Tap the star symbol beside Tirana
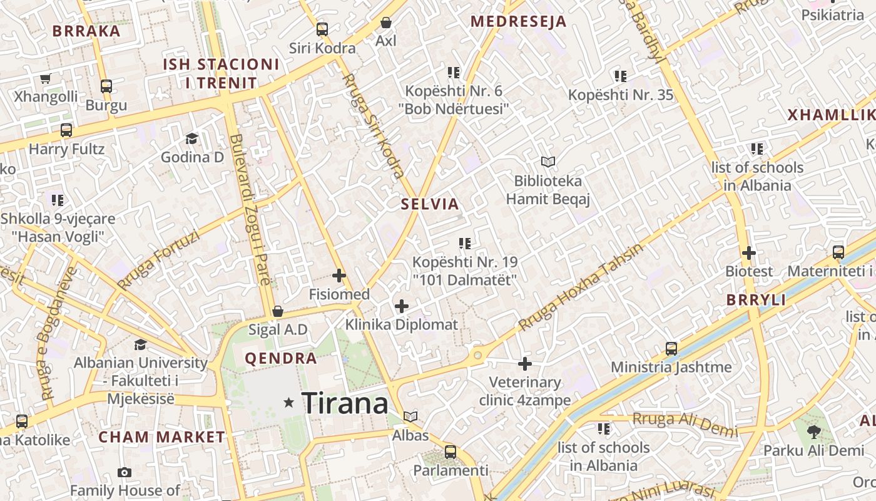(x=288, y=403)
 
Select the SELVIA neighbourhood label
(x=430, y=204)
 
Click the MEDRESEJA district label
(x=518, y=21)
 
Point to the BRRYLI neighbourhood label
(x=756, y=299)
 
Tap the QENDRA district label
(x=281, y=358)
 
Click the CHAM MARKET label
(x=161, y=436)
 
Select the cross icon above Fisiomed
(x=339, y=275)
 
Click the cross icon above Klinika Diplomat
(x=402, y=306)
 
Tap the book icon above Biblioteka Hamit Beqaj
(x=548, y=162)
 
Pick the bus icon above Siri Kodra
(x=322, y=29)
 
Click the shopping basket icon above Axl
(x=386, y=23)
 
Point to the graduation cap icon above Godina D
(x=191, y=138)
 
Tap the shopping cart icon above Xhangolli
(x=45, y=79)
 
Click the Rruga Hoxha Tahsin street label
(x=580, y=287)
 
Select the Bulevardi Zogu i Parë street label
(x=250, y=210)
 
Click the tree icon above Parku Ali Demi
(x=813, y=431)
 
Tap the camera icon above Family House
(x=125, y=472)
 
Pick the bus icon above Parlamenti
(x=451, y=452)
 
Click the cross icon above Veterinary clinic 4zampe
(x=525, y=363)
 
